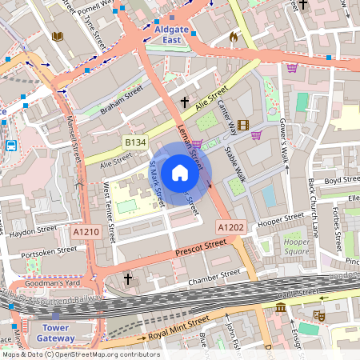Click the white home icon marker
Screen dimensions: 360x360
[180, 173]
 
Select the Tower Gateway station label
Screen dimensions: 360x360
[56, 332]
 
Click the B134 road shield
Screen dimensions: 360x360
[134, 142]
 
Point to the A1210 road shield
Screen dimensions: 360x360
[86, 232]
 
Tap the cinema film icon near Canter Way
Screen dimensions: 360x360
[243, 124]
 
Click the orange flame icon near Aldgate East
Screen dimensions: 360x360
[234, 37]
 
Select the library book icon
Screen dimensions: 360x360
[57, 37]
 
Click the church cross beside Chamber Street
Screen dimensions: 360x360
[129, 278]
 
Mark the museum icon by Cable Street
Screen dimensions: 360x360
[281, 307]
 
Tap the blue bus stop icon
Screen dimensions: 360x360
[12, 146]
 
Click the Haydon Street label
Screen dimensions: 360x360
[33, 231]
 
